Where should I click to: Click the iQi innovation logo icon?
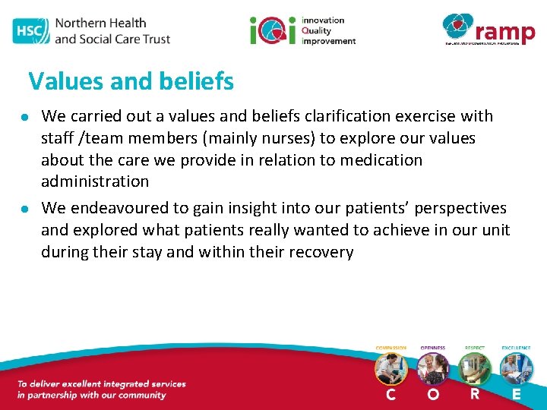click(x=273, y=30)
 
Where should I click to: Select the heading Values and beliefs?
click(x=131, y=81)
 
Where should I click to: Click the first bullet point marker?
click(x=25, y=117)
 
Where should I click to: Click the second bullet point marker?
click(x=25, y=209)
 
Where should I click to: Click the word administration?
click(x=95, y=181)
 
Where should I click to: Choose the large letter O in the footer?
click(x=433, y=395)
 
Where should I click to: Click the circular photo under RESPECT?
click(x=475, y=369)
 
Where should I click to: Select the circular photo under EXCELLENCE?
click(x=517, y=369)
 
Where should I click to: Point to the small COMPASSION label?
click(x=391, y=348)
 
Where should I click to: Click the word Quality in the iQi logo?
click(x=318, y=30)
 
